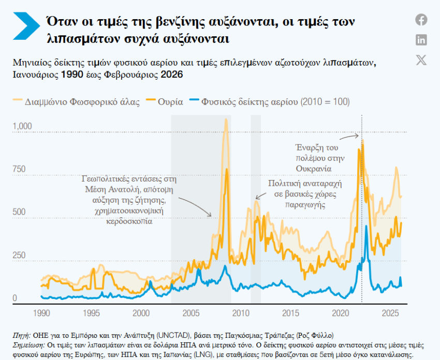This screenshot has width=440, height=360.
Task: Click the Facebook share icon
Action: [x=421, y=20]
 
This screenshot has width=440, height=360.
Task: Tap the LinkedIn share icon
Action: [x=421, y=40]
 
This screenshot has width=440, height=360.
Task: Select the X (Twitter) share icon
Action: [x=421, y=59]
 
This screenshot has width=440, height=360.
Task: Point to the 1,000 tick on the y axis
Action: [x=22, y=126]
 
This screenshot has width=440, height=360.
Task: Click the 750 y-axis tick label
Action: [x=19, y=169]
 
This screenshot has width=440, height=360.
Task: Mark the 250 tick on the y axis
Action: [x=19, y=255]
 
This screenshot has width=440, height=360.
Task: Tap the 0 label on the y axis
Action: [x=15, y=298]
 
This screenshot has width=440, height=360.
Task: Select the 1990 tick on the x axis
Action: [x=41, y=313]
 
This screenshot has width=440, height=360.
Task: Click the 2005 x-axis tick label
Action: [x=191, y=313]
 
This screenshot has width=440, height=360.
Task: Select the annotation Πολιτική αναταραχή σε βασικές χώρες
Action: [x=305, y=193]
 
